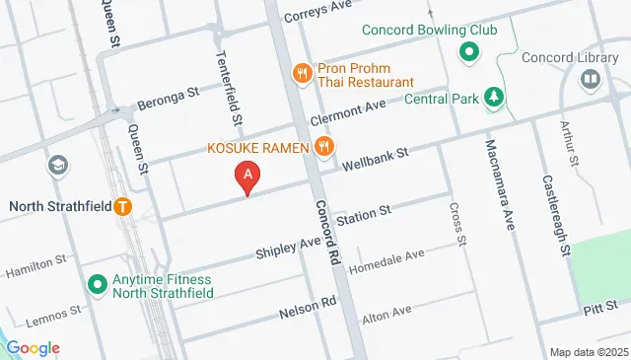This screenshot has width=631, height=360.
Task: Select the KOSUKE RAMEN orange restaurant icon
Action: coord(324,148)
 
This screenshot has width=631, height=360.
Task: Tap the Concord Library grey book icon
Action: coord(591,78)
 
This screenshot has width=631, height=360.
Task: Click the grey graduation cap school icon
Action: coord(58,164)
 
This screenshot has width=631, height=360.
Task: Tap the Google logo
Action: coord(33,347)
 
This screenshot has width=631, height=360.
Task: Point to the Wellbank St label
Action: coord(375,160)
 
